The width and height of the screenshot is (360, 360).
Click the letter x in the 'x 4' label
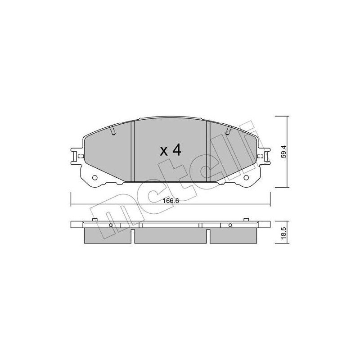[164, 152]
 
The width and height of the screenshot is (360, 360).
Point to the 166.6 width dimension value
[171, 201]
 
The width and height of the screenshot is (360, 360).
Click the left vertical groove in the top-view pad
[133, 151]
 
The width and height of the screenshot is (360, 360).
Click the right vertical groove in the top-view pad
[208, 151]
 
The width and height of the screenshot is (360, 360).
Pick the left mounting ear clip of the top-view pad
[76, 156]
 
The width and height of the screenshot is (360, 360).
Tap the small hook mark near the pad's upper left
[113, 131]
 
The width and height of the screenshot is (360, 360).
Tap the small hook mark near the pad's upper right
[228, 131]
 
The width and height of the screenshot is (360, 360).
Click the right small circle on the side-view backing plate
[230, 225]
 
